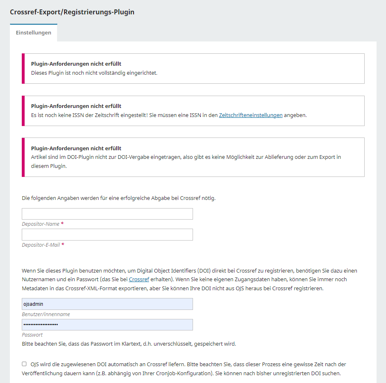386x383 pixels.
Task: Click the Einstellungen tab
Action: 34,33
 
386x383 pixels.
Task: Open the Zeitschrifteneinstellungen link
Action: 250,115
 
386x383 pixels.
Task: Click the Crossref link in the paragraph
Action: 139,280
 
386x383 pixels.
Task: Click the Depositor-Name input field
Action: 107,214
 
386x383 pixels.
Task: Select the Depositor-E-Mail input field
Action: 107,235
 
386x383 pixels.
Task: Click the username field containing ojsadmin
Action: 107,304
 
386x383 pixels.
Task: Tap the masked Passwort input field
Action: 107,325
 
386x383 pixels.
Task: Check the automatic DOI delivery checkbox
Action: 25,364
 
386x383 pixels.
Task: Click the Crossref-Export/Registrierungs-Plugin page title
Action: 72,12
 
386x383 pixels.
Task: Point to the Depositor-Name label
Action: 41,224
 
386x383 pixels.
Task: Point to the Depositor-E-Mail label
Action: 41,245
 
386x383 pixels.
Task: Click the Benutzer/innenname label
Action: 46,314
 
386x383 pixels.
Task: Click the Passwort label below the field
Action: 32,335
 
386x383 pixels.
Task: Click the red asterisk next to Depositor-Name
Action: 62,224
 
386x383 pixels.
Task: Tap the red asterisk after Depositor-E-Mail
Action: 63,245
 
